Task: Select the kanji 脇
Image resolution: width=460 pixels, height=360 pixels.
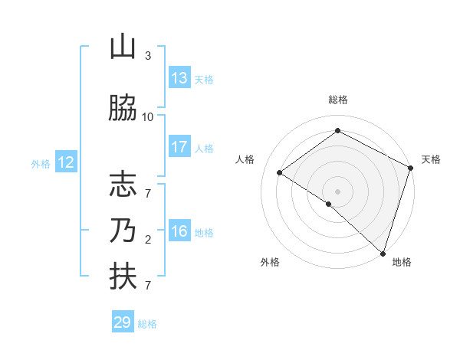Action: (x=123, y=109)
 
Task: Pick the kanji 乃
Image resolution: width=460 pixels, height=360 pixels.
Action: (x=123, y=231)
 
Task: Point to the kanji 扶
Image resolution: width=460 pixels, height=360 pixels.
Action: (x=123, y=277)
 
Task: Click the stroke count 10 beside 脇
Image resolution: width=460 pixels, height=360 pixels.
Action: (x=148, y=117)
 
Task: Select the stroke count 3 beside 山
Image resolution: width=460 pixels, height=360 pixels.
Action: (x=148, y=56)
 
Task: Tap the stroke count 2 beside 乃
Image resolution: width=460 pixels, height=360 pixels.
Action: (x=148, y=240)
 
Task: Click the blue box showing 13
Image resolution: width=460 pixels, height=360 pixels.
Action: (x=179, y=78)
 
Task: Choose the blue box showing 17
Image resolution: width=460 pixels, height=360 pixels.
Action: (x=179, y=147)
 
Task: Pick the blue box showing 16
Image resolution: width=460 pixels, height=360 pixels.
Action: (x=179, y=231)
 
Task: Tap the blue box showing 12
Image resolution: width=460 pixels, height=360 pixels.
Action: (x=66, y=162)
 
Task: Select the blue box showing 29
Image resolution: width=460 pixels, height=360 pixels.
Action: (x=123, y=322)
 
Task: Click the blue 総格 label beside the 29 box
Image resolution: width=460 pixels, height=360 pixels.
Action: (x=148, y=324)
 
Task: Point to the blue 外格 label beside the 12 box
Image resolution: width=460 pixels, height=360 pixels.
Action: (x=41, y=164)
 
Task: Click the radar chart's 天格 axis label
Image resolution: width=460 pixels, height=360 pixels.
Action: (x=431, y=159)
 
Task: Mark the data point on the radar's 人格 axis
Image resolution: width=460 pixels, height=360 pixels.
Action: (x=280, y=173)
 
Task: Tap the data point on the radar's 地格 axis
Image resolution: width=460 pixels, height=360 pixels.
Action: (x=383, y=253)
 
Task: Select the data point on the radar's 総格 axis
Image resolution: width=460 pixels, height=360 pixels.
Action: (x=337, y=131)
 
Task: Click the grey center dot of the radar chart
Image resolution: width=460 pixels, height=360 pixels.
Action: (x=337, y=191)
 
